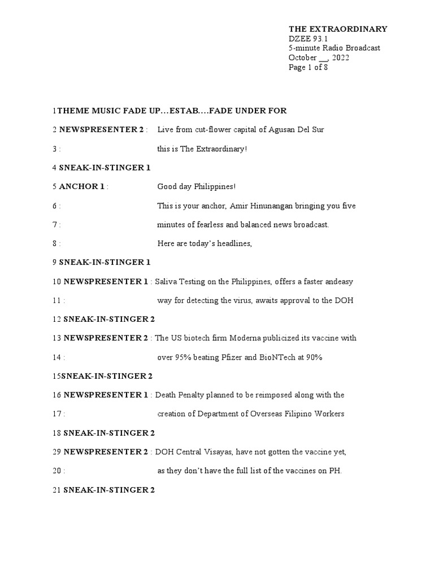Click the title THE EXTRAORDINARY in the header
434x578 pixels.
[338, 29]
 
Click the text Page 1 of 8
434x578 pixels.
[308, 67]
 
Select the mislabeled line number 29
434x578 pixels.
[56, 452]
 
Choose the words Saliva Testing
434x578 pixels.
[181, 281]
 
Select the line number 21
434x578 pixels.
[56, 490]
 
